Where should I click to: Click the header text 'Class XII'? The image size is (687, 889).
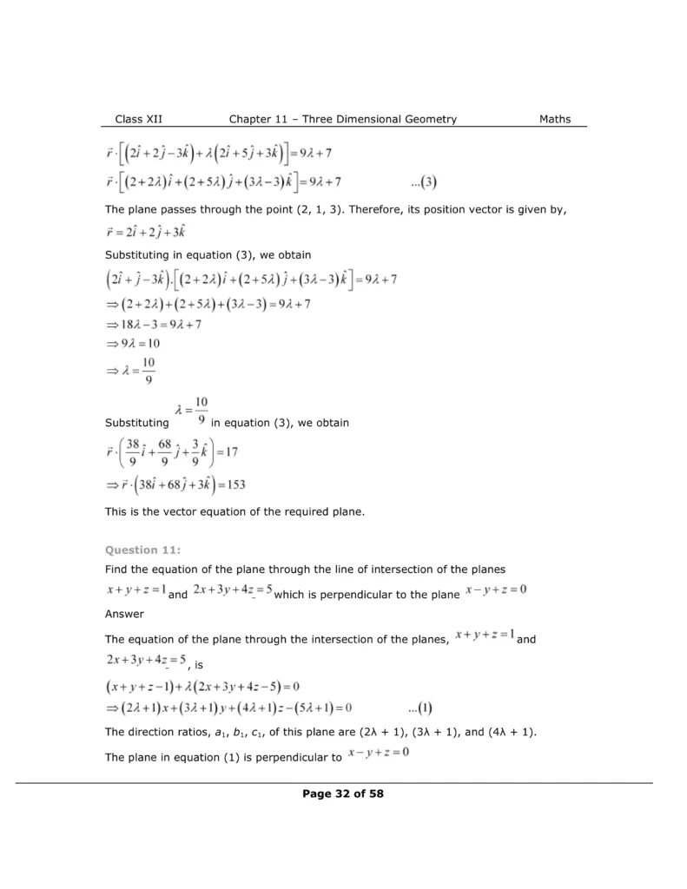(138, 119)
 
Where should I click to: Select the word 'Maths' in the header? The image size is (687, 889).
(555, 119)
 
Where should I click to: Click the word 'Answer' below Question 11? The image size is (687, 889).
(124, 615)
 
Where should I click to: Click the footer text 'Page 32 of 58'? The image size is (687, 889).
(343, 793)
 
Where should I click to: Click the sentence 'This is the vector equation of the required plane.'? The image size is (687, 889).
(235, 512)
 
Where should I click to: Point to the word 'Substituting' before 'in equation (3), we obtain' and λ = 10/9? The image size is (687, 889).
(136, 424)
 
